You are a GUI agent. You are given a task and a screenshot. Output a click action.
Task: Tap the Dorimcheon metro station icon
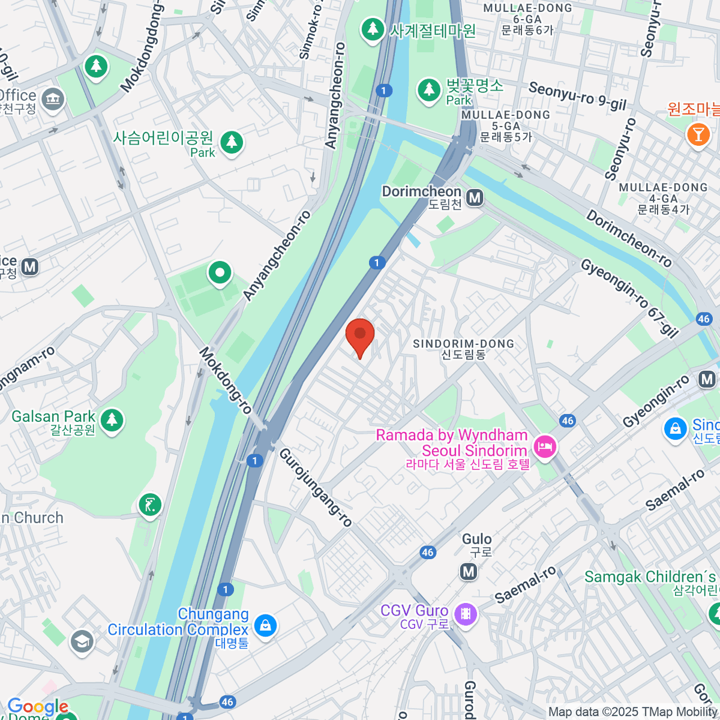click(x=475, y=197)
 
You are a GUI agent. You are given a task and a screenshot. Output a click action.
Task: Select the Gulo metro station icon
click(x=469, y=572)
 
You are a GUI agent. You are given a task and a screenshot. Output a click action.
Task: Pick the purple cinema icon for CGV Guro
click(x=465, y=614)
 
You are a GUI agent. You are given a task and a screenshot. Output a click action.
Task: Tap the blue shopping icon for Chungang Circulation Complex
click(x=265, y=626)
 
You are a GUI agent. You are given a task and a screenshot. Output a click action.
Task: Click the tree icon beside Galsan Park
click(x=112, y=420)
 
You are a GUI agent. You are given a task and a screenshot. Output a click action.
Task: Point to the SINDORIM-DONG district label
click(x=463, y=349)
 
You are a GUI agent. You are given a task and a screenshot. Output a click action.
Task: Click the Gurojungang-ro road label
click(x=316, y=487)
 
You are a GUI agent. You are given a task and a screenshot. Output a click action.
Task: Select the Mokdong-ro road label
click(x=226, y=380)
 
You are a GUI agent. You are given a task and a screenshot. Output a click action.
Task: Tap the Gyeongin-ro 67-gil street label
click(x=629, y=297)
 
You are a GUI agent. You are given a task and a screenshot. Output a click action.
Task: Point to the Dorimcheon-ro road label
click(x=629, y=238)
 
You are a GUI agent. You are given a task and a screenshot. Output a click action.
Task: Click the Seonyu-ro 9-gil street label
click(x=577, y=96)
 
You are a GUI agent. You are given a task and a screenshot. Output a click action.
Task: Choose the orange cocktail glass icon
click(x=698, y=133)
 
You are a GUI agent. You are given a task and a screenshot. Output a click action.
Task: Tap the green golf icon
click(x=149, y=505)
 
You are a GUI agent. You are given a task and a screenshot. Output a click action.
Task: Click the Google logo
click(x=37, y=707)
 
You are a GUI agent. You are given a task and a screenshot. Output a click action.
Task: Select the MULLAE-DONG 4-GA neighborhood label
click(x=663, y=199)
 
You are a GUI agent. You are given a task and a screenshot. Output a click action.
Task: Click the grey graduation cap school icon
click(x=82, y=641)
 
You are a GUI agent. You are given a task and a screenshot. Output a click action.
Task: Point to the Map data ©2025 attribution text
click(x=633, y=712)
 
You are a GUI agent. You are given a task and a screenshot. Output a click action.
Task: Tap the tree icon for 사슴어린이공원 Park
click(x=232, y=143)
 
